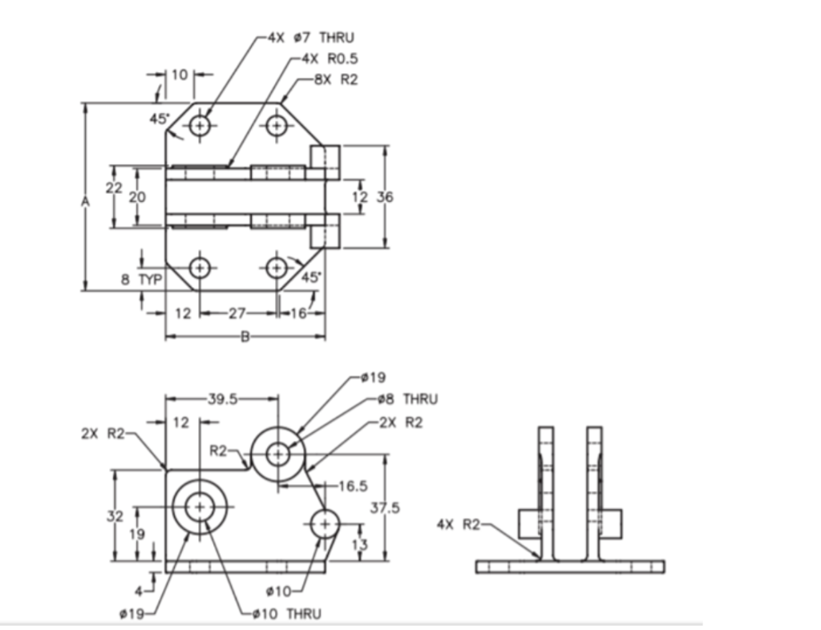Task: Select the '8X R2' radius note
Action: (334, 80)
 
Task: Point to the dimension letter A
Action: (85, 204)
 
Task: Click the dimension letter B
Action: (245, 337)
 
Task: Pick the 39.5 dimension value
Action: (221, 400)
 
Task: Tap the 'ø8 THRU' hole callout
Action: (406, 399)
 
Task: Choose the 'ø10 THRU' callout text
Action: (286, 614)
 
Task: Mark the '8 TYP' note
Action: (141, 280)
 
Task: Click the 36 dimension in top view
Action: (386, 196)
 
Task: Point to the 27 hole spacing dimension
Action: (237, 313)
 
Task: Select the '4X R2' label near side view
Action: (458, 524)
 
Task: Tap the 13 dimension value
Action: (361, 544)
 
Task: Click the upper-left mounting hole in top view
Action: (200, 126)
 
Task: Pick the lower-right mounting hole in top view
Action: (277, 268)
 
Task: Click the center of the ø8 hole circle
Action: (278, 454)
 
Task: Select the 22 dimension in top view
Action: (114, 188)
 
